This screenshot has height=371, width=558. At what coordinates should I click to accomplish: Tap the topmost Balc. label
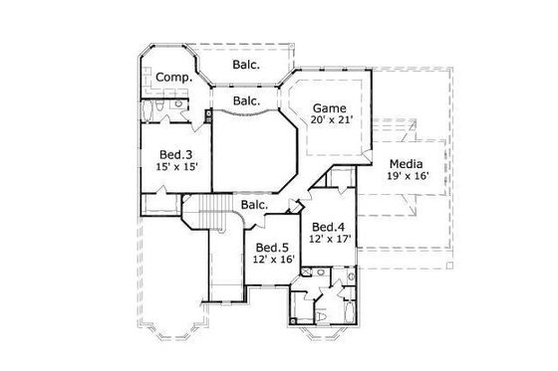pyautogui.click(x=246, y=66)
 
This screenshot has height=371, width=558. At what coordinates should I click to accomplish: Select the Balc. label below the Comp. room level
pyautogui.click(x=246, y=100)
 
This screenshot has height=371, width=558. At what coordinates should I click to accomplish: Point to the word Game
pyautogui.click(x=329, y=107)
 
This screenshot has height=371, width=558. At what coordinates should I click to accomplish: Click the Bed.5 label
pyautogui.click(x=272, y=248)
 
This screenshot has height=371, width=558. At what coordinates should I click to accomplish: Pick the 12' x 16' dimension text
pyautogui.click(x=272, y=261)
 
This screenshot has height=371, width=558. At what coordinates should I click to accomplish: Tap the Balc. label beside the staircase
pyautogui.click(x=255, y=205)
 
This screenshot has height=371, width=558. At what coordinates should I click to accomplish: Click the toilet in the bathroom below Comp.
pyautogui.click(x=178, y=104)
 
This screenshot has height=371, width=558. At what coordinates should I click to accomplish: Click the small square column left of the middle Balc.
pyautogui.click(x=208, y=114)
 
